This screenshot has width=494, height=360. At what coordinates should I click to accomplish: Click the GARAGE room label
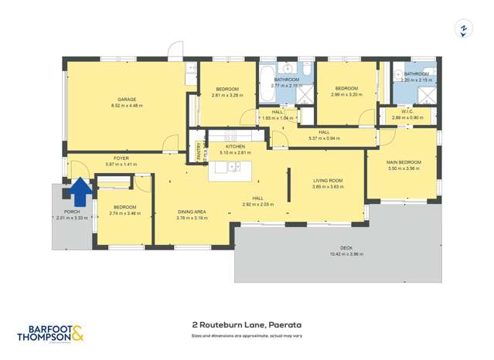pyautogui.click(x=126, y=100)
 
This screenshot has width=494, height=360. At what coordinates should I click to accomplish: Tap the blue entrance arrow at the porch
pyautogui.click(x=79, y=188)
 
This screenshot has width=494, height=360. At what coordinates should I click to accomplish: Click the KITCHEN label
pyautogui.click(x=235, y=146)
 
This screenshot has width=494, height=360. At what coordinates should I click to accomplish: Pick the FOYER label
pyautogui.click(x=121, y=158)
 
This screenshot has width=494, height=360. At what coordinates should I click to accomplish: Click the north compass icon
pyautogui.click(x=463, y=29)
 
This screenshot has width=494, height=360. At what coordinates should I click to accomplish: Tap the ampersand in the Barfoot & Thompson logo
pyautogui.click(x=78, y=334)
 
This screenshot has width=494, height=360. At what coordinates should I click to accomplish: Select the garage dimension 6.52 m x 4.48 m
pyautogui.click(x=126, y=106)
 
